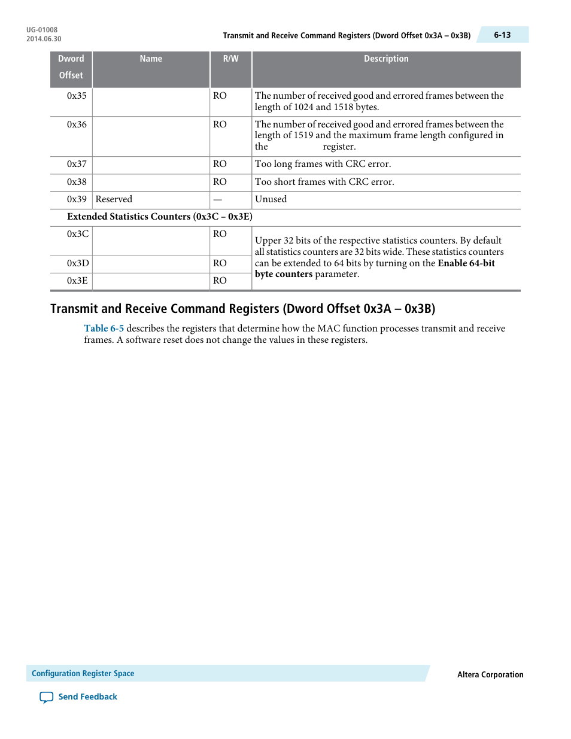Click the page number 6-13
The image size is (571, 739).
point(502,35)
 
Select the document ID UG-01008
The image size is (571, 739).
point(42,30)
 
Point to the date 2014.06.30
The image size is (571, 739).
point(44,39)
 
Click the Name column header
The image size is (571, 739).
point(151,59)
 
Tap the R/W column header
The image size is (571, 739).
point(230,59)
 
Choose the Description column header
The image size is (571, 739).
point(386,59)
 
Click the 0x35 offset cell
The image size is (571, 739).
point(77,96)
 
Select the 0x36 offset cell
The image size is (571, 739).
point(77,124)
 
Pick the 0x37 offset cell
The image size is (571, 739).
point(77,164)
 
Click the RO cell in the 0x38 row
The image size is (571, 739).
point(220,182)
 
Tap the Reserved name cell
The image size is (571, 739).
point(114,199)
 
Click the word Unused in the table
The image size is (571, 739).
point(271,199)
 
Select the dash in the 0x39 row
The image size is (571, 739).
point(218,200)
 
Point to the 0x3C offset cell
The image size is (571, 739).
point(78,234)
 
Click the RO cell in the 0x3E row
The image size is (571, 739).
point(220,281)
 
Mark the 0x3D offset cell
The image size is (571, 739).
point(78,263)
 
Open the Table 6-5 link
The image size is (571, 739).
point(104,329)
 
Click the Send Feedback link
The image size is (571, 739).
point(87,697)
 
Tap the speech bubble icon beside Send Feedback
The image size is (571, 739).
point(46,697)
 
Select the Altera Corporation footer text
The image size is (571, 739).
point(490,674)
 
